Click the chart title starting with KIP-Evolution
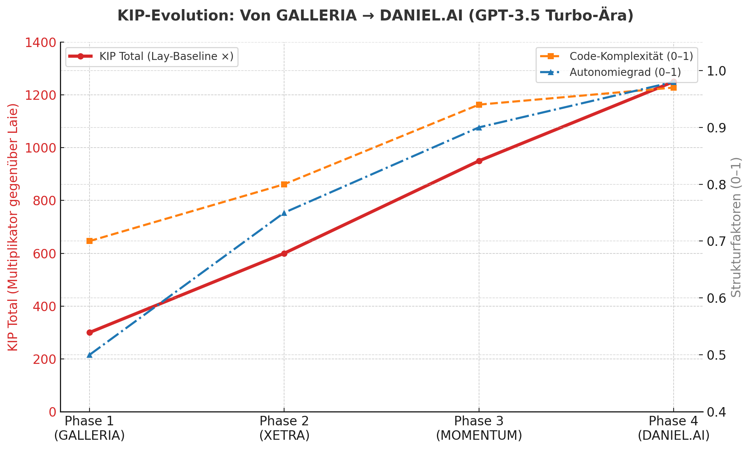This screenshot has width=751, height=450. tap(375, 16)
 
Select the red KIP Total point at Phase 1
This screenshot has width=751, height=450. tap(90, 332)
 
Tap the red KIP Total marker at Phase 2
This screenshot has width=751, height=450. tap(284, 253)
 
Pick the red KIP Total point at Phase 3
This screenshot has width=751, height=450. tap(479, 161)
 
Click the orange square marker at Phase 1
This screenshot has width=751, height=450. tap(90, 241)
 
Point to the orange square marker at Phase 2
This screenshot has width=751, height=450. tap(284, 184)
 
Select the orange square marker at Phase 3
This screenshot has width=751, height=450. tap(479, 105)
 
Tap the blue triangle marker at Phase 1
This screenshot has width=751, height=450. tap(90, 355)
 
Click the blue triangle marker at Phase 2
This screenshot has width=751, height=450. tap(284, 212)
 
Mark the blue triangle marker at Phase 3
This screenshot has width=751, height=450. tap(479, 127)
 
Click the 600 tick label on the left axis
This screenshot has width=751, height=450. tap(44, 253)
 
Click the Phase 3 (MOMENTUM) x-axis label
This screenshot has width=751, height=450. tap(479, 428)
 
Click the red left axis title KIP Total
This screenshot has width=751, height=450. tap(13, 227)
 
